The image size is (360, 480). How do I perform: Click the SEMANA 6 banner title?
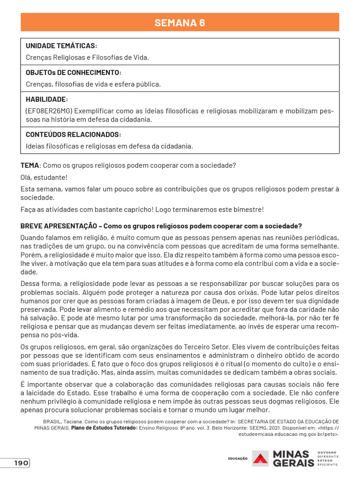(180, 22)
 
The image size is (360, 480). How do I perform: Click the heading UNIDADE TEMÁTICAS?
(61, 46)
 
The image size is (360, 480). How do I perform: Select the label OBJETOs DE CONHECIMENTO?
(74, 73)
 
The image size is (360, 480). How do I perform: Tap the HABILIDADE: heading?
(47, 99)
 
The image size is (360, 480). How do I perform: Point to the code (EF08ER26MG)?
(48, 112)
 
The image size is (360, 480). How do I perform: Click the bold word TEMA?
(30, 166)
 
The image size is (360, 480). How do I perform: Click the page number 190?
(21, 463)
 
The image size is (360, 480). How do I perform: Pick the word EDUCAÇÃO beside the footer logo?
(238, 458)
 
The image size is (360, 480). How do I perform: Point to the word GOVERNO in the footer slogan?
(328, 452)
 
